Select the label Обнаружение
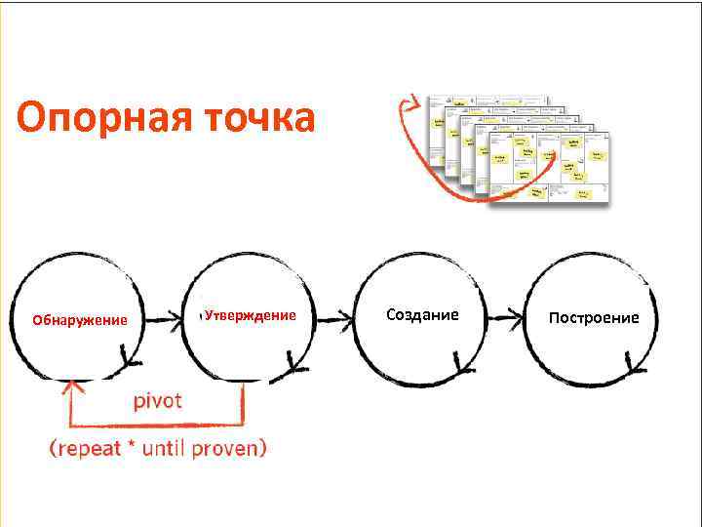point(80,320)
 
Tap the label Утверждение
point(250,315)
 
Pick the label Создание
point(422,314)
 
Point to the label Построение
point(594,317)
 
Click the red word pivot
point(157,401)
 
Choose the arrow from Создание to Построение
point(506,316)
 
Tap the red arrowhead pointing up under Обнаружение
point(68,387)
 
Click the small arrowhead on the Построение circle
point(635,368)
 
